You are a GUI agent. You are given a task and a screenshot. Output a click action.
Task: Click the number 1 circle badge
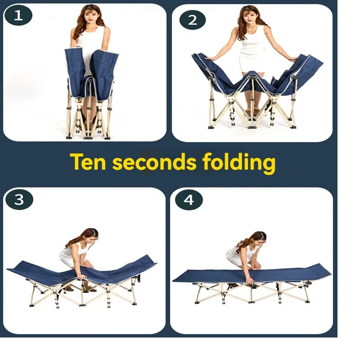(x=18, y=16)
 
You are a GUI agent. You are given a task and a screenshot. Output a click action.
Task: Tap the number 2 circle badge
(x=192, y=19)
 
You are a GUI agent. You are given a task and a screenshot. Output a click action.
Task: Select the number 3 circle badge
(x=19, y=200)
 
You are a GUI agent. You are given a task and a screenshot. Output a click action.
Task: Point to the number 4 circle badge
(x=189, y=200)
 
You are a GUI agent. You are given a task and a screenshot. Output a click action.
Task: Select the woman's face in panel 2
(x=252, y=18)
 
